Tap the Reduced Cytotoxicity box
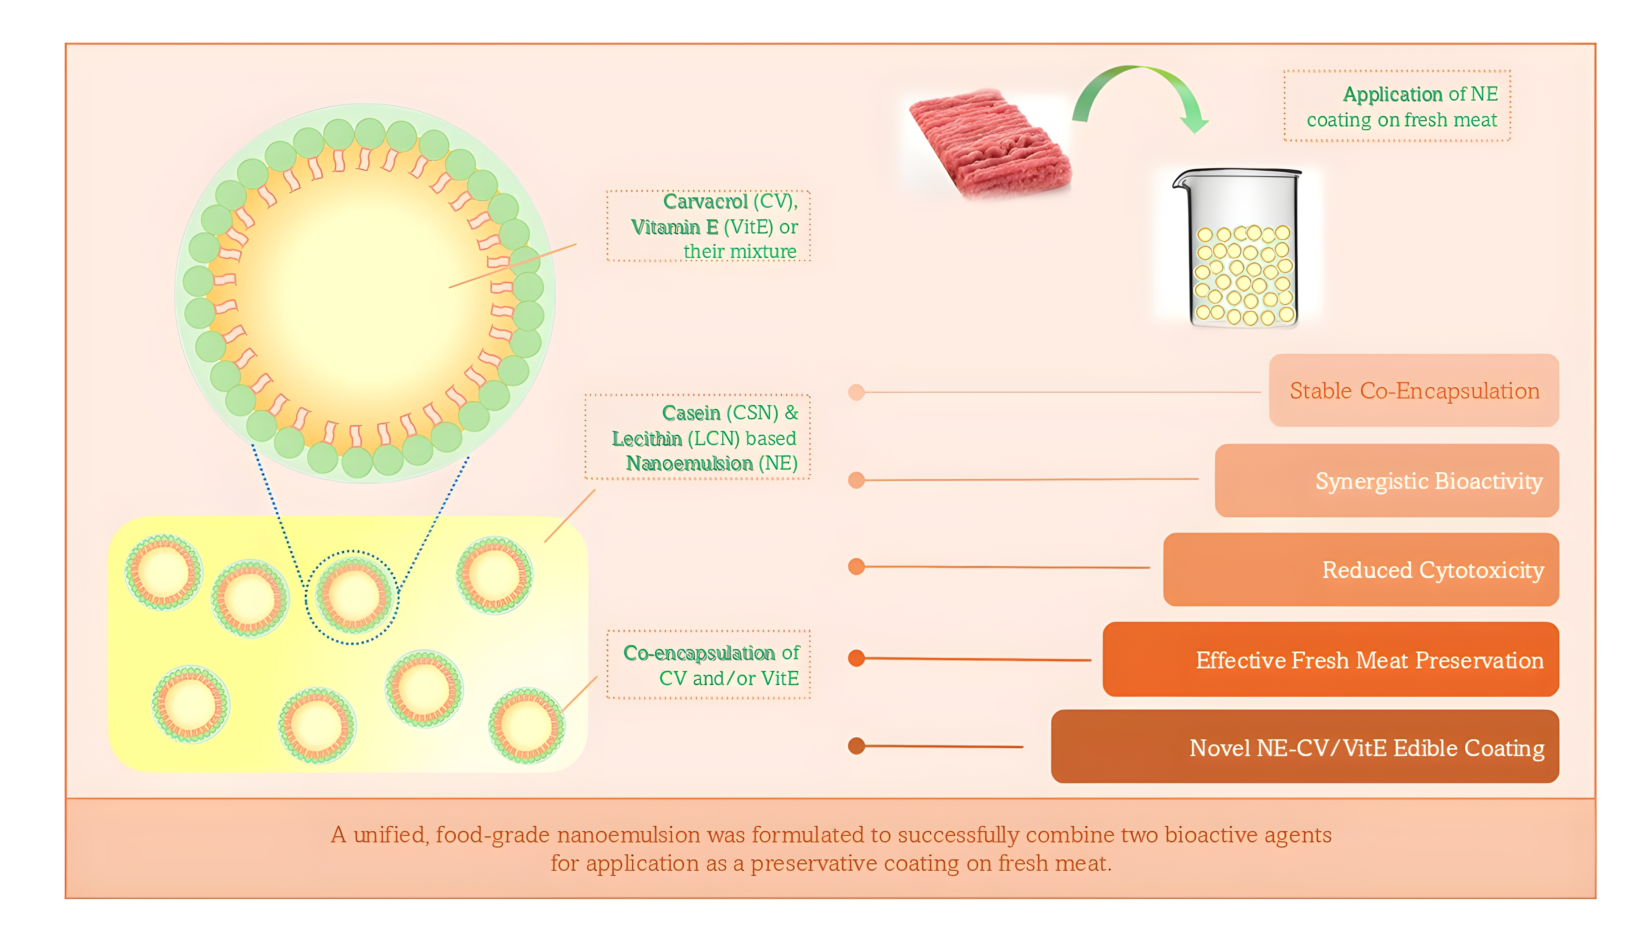click(x=1361, y=569)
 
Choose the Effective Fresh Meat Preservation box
click(x=1330, y=659)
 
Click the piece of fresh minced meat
click(x=989, y=142)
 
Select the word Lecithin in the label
click(x=646, y=439)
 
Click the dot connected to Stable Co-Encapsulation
click(x=856, y=392)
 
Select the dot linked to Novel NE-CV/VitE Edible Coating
click(x=856, y=746)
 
